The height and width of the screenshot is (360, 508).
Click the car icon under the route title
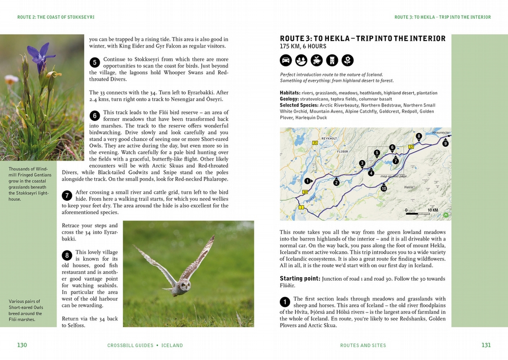coord(285,60)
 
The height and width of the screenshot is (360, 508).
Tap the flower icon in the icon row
coord(348,60)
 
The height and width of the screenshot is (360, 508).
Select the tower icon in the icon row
coord(332,60)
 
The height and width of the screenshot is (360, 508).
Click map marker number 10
coord(383,188)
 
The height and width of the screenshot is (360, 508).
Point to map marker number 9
coord(445,143)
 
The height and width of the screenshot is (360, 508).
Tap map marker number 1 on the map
coord(308,181)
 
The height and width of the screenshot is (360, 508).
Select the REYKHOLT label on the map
coord(329,138)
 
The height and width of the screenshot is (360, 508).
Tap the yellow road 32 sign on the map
coord(411,146)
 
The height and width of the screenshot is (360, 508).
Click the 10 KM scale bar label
coord(433,210)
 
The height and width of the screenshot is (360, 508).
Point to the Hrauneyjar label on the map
coord(441,132)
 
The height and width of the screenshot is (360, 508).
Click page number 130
coord(22,345)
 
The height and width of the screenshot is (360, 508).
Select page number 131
coord(486,345)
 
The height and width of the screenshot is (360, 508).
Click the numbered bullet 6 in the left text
coord(95,116)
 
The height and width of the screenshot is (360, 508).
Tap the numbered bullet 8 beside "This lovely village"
coord(67,255)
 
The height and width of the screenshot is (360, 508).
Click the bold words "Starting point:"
coord(300,279)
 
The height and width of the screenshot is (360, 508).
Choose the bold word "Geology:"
coord(289,99)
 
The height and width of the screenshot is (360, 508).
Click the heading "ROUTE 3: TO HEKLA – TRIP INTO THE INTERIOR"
coord(363,38)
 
